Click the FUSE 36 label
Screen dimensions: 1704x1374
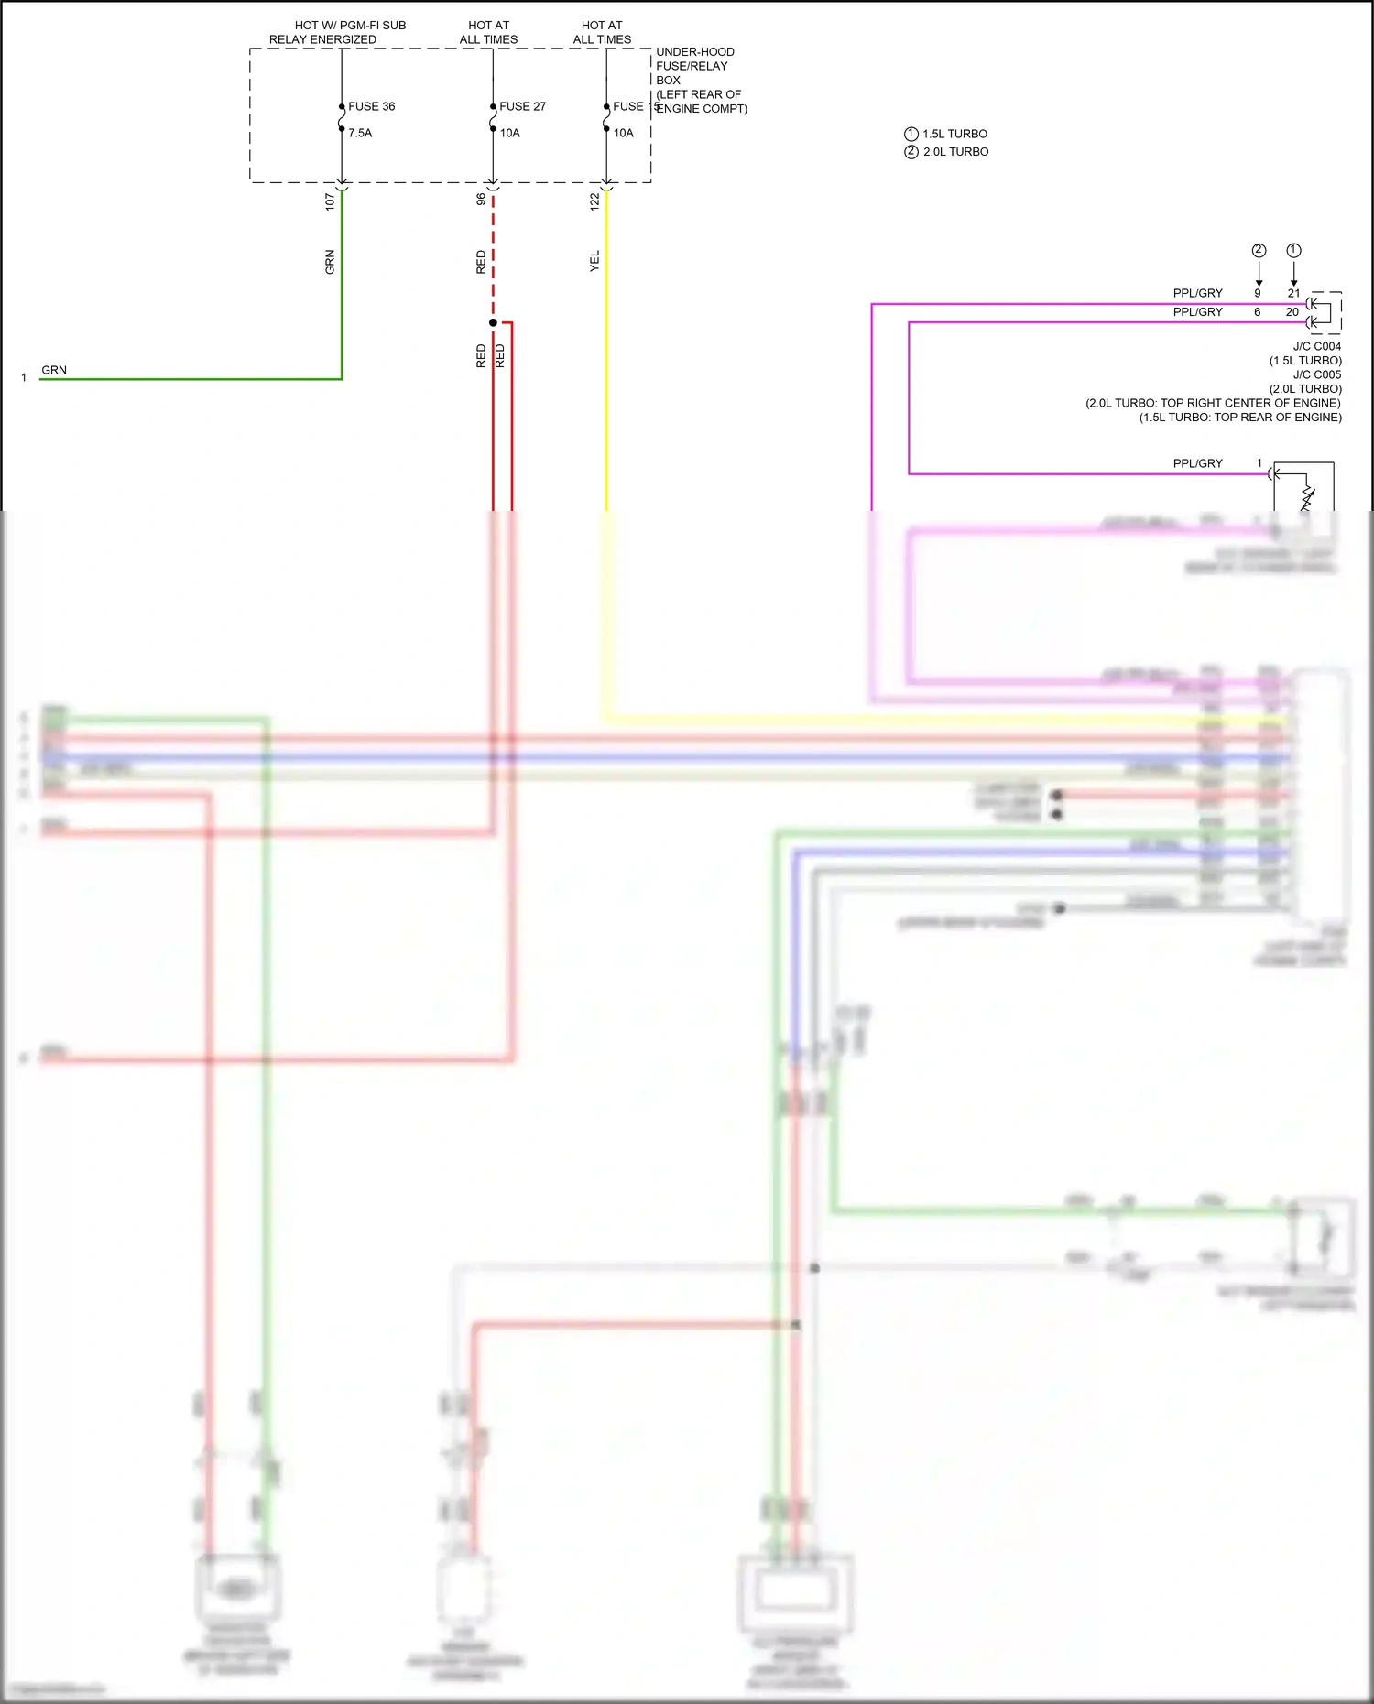(371, 106)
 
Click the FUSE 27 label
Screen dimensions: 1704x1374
(522, 106)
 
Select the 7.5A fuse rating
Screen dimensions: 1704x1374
(360, 133)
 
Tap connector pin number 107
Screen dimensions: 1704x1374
(330, 201)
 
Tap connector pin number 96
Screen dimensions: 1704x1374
(481, 199)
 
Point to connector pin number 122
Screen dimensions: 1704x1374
(594, 201)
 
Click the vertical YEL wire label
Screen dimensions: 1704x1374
(594, 261)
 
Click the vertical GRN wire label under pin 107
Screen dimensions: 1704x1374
(330, 262)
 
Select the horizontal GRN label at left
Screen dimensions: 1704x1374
(54, 370)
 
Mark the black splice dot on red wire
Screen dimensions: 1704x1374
(493, 322)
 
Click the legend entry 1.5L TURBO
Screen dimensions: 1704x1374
(954, 134)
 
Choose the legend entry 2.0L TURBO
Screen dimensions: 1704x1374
(955, 152)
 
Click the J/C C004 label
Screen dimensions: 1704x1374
(1316, 346)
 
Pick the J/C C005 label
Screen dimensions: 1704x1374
(1316, 374)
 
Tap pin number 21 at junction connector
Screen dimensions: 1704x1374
(1293, 293)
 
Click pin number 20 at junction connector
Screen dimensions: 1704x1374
(1292, 312)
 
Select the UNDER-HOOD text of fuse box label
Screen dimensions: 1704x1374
(694, 52)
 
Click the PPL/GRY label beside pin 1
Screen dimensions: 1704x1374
(1197, 463)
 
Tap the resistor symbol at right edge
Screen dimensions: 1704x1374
(1307, 498)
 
